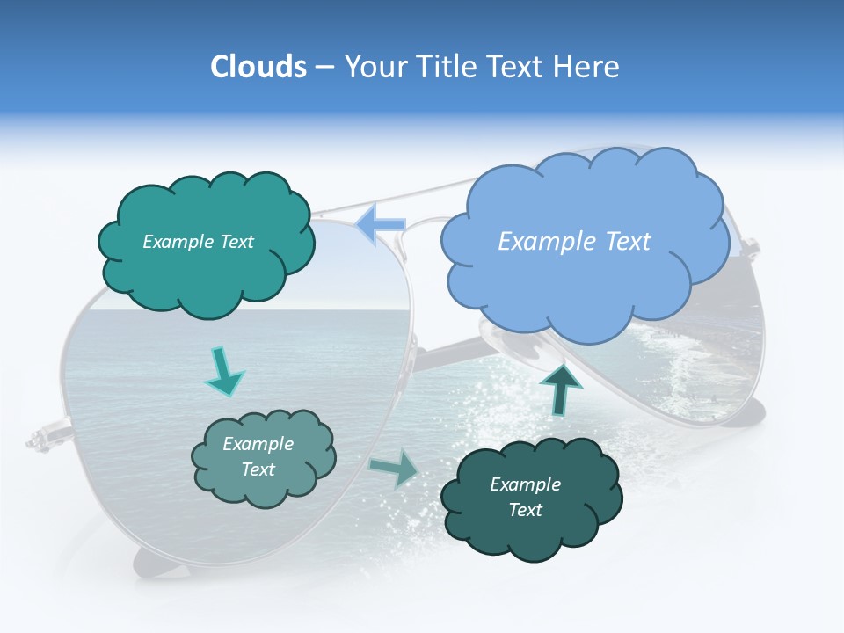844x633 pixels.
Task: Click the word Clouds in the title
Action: [258, 67]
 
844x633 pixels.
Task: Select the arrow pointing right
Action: [395, 469]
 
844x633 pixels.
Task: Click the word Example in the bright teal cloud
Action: [173, 242]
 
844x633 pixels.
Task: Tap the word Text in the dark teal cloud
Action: [525, 510]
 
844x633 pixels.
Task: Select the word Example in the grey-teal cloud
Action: [258, 445]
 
